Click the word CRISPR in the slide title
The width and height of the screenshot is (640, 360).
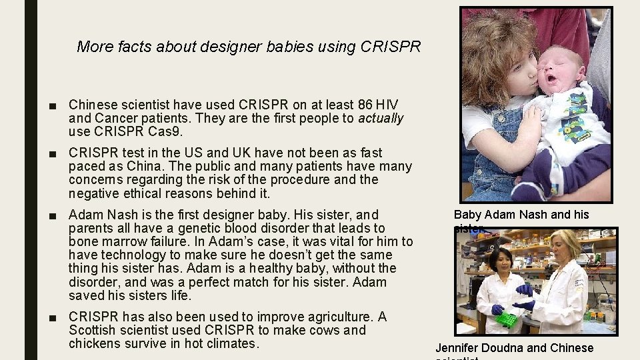[x=391, y=47]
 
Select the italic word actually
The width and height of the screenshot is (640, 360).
[x=381, y=119]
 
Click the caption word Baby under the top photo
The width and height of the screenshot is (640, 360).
[x=467, y=215]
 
